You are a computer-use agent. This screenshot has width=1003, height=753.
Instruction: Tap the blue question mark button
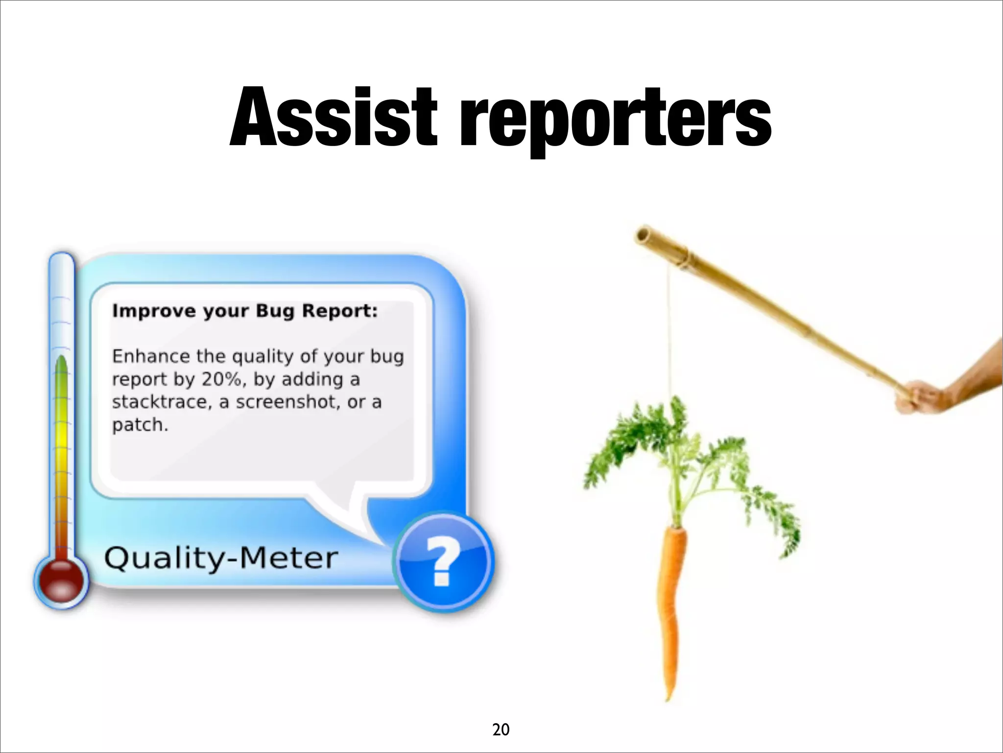coord(444,562)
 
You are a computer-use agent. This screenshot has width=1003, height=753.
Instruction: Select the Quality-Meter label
coord(221,558)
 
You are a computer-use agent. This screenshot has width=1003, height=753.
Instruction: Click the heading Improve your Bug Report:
coord(245,311)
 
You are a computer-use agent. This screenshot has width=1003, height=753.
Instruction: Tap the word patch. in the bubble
coord(140,425)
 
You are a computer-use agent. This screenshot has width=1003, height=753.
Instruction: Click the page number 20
coord(501,729)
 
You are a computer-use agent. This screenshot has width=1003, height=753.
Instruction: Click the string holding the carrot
coord(669,333)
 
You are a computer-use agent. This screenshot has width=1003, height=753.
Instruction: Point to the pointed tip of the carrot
coord(667,696)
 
